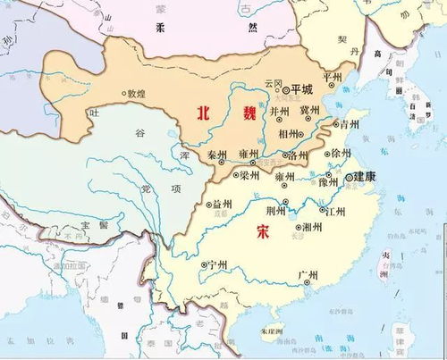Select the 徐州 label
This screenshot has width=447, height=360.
341,153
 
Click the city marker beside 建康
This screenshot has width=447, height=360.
348,179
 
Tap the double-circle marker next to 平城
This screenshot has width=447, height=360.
285,90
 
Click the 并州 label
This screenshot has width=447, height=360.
281,112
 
